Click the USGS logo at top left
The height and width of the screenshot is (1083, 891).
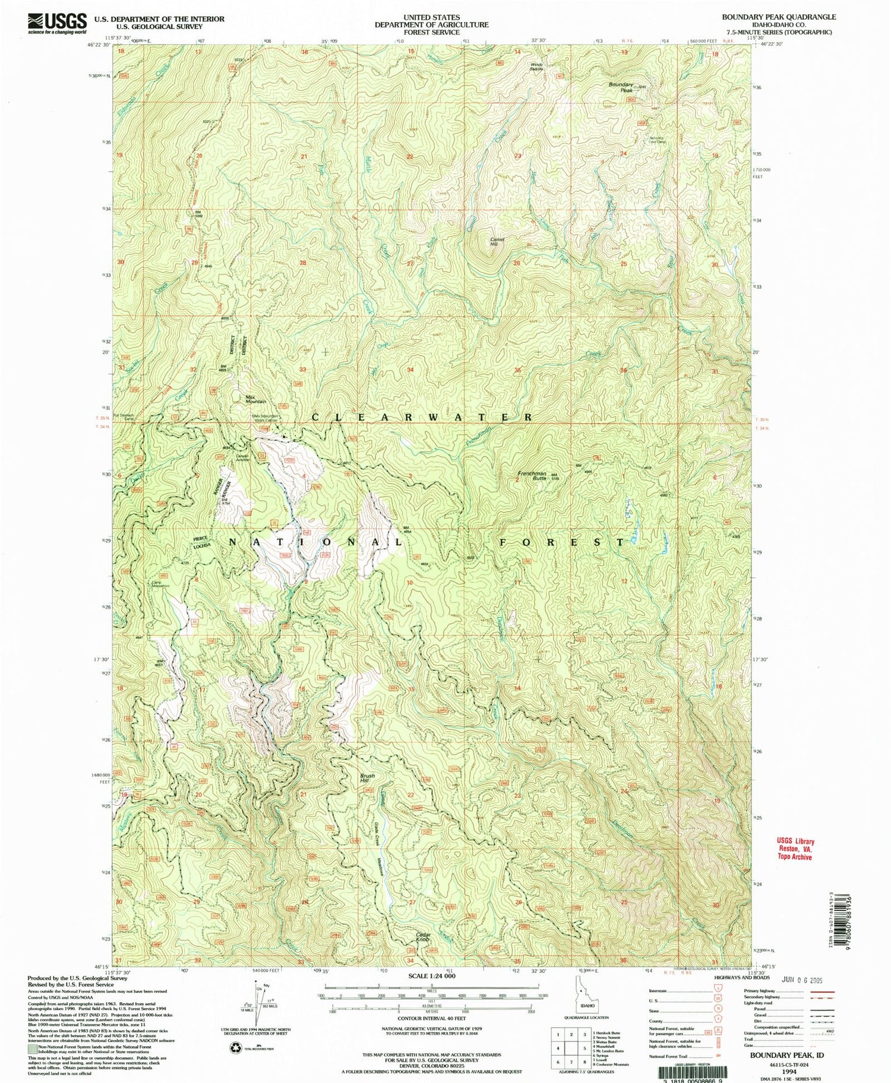[56, 23]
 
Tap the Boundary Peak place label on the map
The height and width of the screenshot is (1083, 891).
[621, 87]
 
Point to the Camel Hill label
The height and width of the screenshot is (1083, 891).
[497, 241]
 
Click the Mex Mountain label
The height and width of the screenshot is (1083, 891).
[255, 399]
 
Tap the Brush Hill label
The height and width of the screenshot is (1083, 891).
[368, 778]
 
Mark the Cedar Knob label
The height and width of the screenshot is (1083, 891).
[423, 937]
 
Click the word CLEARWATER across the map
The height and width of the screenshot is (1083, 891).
[422, 418]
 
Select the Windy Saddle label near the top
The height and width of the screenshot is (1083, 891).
[536, 67]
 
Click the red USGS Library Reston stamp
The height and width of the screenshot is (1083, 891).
[795, 849]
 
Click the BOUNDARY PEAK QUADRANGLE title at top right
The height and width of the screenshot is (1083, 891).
[778, 17]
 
